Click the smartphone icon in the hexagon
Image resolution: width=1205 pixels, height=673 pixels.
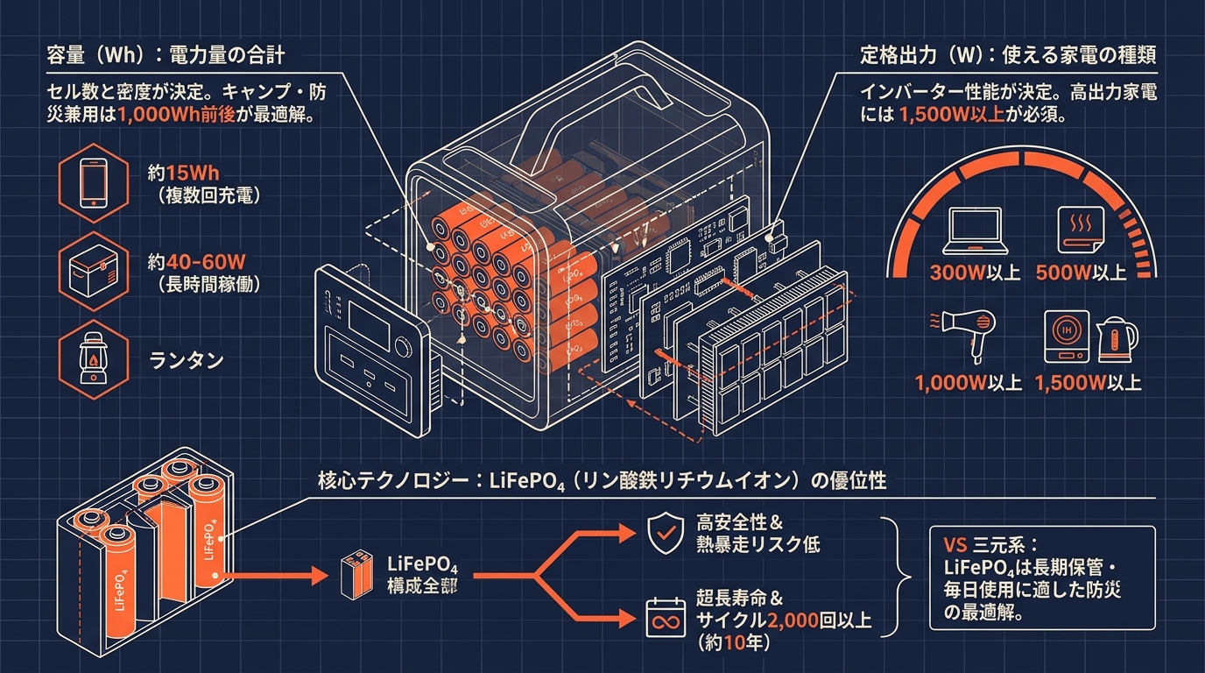pyautogui.click(x=94, y=183)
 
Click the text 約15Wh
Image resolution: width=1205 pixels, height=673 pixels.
pyautogui.click(x=183, y=173)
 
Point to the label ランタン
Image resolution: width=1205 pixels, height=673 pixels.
pyautogui.click(x=187, y=359)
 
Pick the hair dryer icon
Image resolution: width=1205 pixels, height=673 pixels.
pyautogui.click(x=963, y=335)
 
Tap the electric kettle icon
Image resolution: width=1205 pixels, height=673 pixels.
pyautogui.click(x=1117, y=337)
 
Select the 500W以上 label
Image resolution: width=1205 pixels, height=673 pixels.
pyautogui.click(x=1081, y=273)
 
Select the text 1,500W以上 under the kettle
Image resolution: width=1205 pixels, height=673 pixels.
pyautogui.click(x=1088, y=383)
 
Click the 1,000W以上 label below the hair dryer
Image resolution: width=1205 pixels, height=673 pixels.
pyautogui.click(x=968, y=383)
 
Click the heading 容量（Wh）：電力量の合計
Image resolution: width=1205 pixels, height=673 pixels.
pyautogui.click(x=166, y=55)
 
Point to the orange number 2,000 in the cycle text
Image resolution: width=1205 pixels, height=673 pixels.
pyautogui.click(x=793, y=621)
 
